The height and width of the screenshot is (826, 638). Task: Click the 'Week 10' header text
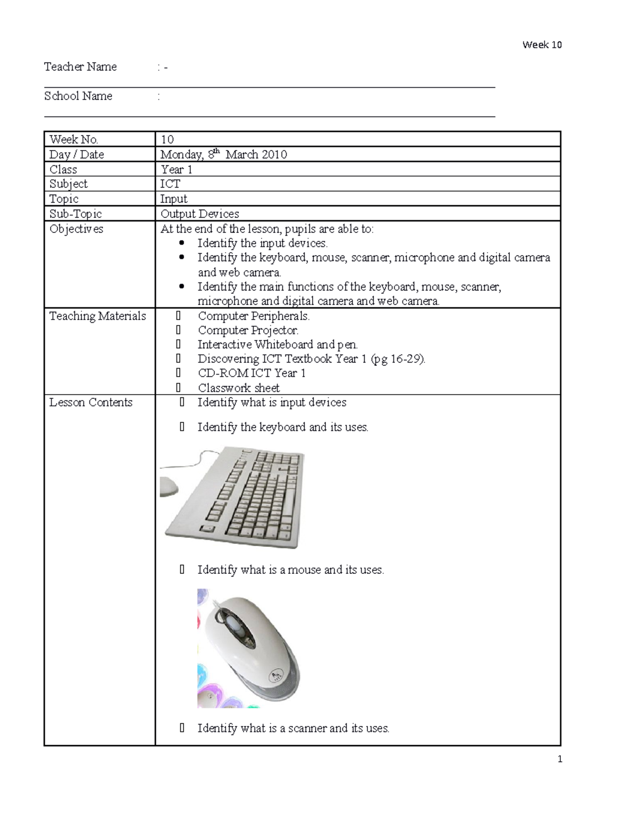[x=542, y=45]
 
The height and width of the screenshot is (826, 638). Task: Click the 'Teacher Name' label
[x=80, y=66]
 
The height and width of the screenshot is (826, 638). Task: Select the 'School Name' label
[x=78, y=96]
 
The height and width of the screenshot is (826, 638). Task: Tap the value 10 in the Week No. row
[x=167, y=139]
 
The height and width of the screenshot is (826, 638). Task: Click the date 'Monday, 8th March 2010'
[x=223, y=154]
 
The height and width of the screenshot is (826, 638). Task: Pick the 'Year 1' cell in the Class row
[x=177, y=169]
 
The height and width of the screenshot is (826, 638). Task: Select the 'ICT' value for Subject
[x=170, y=184]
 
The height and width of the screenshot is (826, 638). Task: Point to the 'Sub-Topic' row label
[x=75, y=214]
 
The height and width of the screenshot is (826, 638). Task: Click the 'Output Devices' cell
[x=200, y=214]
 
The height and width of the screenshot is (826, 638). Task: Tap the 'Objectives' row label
[x=76, y=229]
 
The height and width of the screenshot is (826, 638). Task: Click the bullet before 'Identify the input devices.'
[x=182, y=243]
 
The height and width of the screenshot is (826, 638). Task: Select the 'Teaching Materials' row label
[x=97, y=316]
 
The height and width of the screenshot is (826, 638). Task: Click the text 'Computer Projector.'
[x=248, y=330]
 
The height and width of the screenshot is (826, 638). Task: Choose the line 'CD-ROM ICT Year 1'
[x=251, y=373]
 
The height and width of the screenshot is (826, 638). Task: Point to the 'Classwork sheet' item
[x=239, y=388]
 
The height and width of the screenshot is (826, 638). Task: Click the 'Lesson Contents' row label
[x=91, y=402]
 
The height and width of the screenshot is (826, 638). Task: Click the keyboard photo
[x=234, y=497]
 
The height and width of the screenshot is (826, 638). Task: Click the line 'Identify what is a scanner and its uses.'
[x=293, y=728]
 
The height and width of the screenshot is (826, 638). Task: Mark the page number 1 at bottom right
[x=560, y=759]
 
